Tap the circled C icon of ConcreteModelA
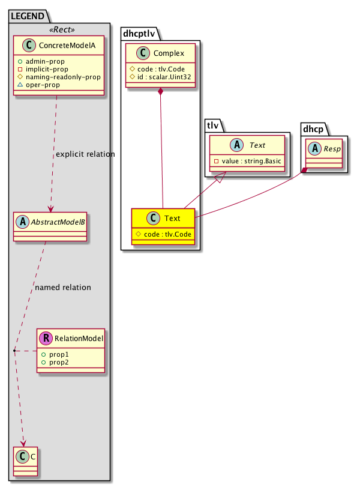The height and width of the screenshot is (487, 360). pos(26,46)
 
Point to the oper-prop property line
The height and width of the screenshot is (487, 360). pos(47,85)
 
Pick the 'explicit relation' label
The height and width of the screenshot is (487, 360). pos(85,154)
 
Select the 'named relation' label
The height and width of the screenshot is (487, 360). pos(63,287)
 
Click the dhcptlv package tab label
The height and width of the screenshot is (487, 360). pos(143,34)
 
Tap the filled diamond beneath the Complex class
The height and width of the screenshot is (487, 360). pos(160,91)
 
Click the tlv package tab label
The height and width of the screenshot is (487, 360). pos(212,126)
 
